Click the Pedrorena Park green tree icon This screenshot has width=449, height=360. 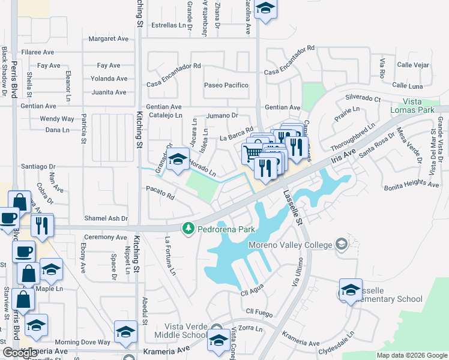tap(188, 228)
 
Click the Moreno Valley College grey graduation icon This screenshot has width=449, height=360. tap(342, 244)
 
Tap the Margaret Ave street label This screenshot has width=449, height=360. tap(109, 38)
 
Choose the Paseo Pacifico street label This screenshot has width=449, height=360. tap(226, 85)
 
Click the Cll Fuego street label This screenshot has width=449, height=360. tap(259, 311)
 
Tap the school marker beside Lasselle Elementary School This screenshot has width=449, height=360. tap(351, 290)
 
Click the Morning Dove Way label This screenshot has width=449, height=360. tap(83, 342)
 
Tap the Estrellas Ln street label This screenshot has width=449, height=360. tap(169, 25)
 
